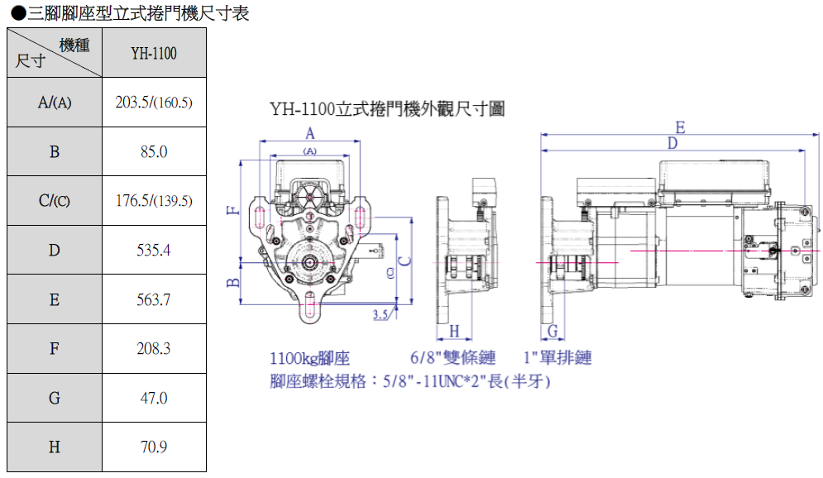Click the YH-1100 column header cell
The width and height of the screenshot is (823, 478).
point(154,53)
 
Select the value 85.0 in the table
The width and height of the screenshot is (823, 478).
point(154,151)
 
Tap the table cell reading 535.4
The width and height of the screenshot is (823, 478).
point(154,250)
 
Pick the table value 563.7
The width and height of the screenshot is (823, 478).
point(154,299)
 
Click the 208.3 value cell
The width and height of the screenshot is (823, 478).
point(154,348)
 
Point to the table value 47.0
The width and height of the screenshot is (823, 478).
point(154,398)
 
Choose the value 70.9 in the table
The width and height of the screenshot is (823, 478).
point(154,447)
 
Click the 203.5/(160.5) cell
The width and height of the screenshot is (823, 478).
point(154,103)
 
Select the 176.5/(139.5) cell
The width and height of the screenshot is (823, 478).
point(154,201)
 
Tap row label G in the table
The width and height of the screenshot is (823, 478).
point(55,398)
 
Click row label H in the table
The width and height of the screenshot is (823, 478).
point(55,447)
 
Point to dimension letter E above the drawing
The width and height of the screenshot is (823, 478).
point(680,127)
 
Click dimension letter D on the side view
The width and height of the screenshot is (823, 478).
point(672,144)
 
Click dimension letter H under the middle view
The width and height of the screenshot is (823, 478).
point(454,332)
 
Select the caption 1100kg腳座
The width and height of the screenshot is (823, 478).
point(310,358)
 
